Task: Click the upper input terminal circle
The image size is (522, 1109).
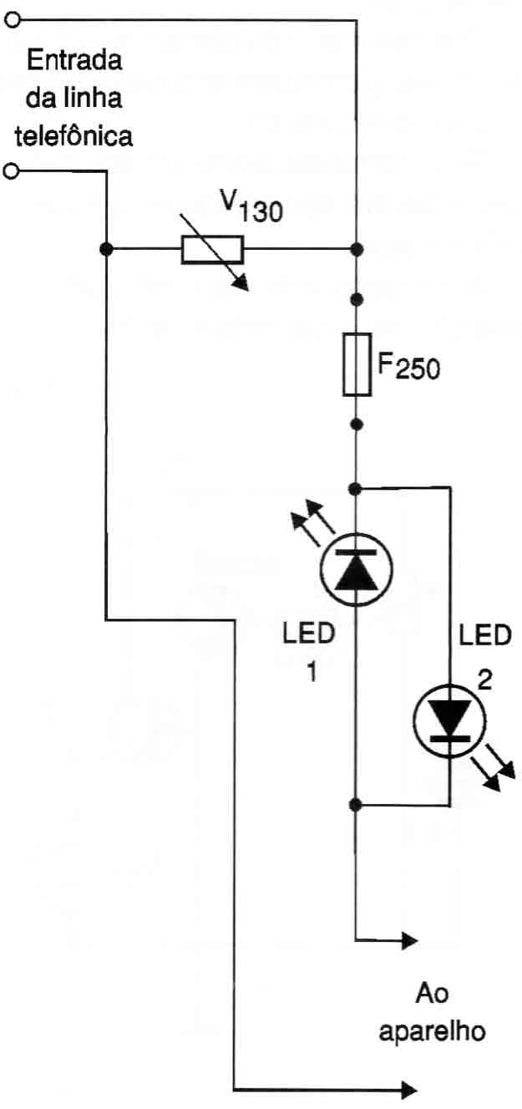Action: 12,20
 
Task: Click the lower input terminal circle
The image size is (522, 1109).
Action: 12,171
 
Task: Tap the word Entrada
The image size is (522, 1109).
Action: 74,60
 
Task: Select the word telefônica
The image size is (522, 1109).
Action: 73,135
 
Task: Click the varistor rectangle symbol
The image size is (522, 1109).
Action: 212,250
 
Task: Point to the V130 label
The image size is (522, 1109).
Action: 251,206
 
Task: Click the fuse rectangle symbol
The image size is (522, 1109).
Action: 357,364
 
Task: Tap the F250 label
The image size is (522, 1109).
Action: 408,367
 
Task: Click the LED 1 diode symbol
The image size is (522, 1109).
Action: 357,569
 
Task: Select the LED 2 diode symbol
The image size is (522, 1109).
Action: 450,721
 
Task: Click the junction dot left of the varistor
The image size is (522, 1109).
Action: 106,249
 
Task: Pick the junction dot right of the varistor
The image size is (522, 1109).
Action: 357,249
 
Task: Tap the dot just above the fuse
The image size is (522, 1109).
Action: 357,299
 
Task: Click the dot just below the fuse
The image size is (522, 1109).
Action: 357,425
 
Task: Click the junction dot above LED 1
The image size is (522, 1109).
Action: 355,489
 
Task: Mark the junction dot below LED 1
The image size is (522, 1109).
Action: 355,805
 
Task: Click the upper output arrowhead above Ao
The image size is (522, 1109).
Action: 409,939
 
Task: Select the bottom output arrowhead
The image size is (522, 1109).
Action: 409,1089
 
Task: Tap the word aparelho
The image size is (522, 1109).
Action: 432,1032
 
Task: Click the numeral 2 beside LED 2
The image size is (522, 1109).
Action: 484,681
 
